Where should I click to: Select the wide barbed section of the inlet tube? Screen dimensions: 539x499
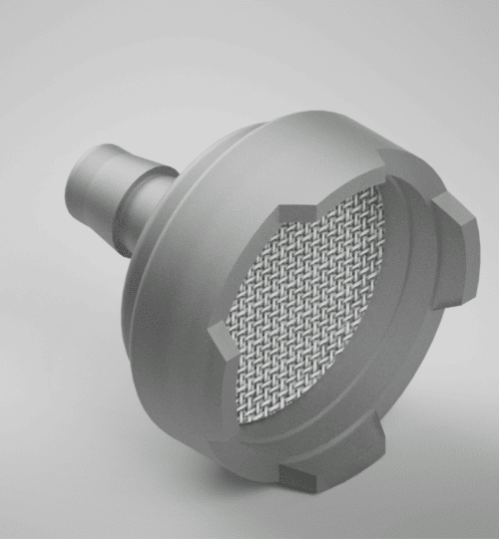pyautogui.click(x=105, y=179)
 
